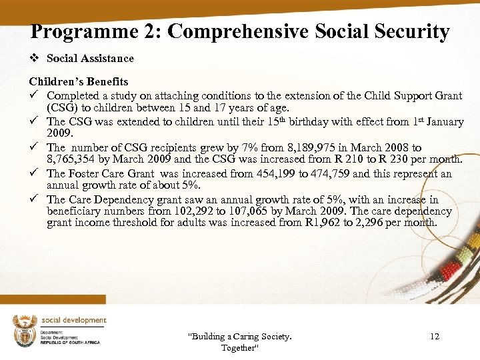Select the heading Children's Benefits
pos(79,82)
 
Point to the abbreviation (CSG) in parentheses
pos(61,107)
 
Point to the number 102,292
pos(201,211)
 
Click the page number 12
pos(435,337)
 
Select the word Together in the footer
pos(239,348)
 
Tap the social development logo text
pos(73,320)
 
